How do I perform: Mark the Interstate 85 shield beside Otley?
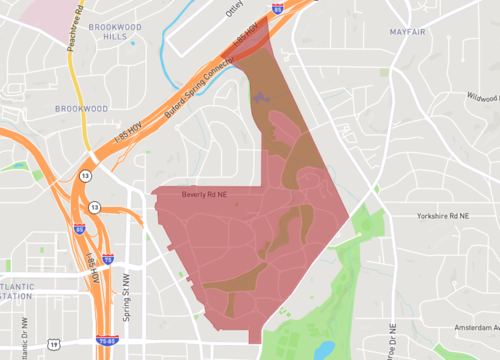276,7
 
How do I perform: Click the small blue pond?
324,349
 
